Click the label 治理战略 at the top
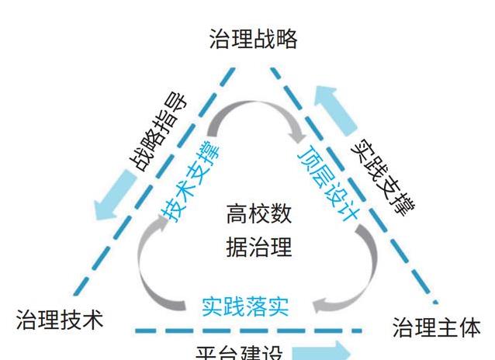[x=254, y=39]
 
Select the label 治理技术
[x=59, y=320]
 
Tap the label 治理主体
[x=436, y=327]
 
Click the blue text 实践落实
[x=245, y=306]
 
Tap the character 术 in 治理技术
[x=92, y=320]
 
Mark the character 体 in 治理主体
[x=469, y=327]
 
